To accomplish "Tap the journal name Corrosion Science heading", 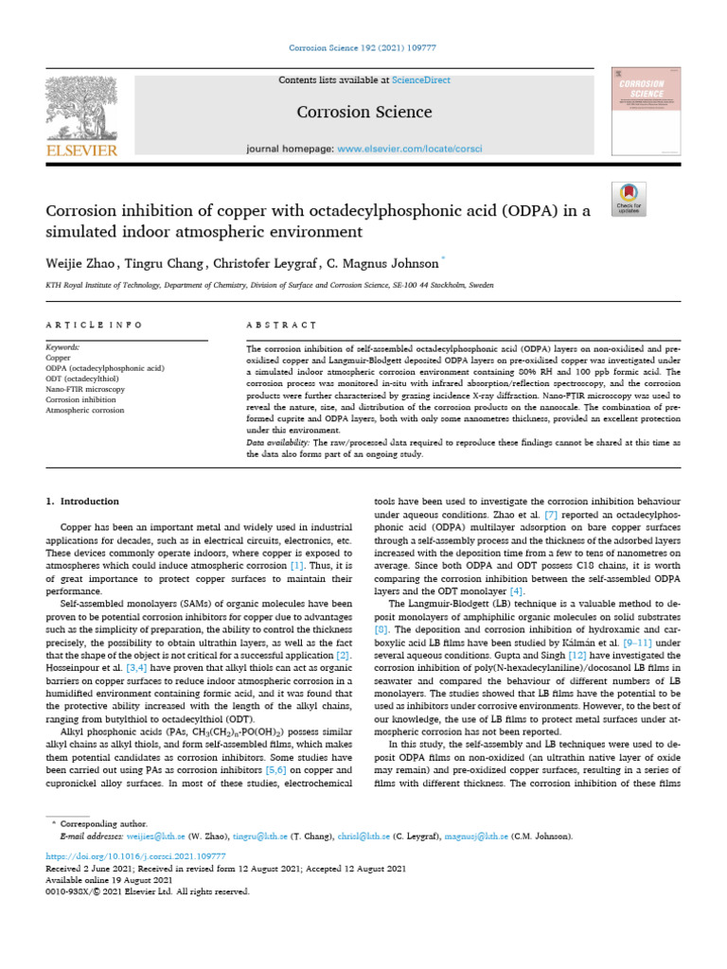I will pyautogui.click(x=364, y=113).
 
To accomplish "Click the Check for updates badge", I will pyautogui.click(x=629, y=196).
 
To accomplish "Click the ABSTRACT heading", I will pyautogui.click(x=280, y=326).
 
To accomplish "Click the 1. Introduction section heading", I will pyautogui.click(x=83, y=502).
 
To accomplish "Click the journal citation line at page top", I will pyautogui.click(x=363, y=55).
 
